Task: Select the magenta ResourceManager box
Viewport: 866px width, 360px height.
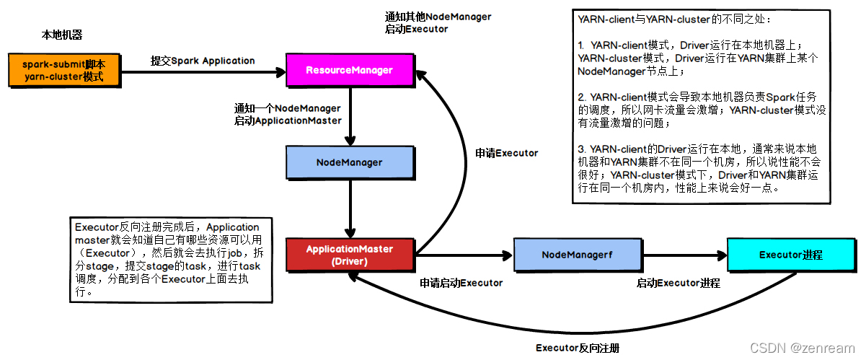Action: coord(350,70)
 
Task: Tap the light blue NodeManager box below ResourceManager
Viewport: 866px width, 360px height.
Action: coord(350,162)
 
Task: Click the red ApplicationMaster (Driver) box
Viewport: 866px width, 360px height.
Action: coord(350,255)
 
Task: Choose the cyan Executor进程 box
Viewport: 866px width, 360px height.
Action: coord(791,255)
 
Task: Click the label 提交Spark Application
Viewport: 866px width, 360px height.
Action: coord(203,61)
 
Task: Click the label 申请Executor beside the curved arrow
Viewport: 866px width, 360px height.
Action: coord(507,153)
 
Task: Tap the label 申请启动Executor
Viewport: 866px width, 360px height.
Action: coord(461,283)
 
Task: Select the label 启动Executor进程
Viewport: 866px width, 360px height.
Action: coord(678,283)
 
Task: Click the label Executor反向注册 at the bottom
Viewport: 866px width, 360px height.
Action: coord(578,348)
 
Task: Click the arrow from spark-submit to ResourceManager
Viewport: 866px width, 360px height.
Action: coord(203,71)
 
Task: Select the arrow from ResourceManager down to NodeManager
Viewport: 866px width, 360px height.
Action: coord(350,115)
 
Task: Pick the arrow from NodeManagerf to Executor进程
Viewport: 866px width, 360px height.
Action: coord(681,255)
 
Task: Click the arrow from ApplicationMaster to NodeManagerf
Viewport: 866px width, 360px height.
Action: coord(462,255)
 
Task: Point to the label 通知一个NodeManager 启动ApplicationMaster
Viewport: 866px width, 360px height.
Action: coord(287,114)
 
